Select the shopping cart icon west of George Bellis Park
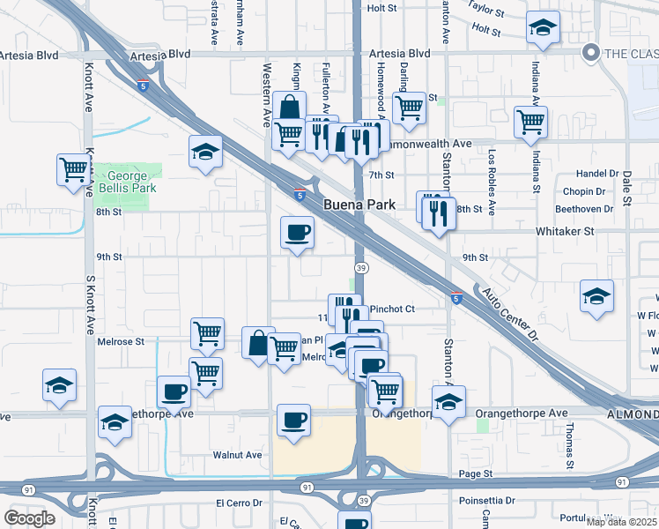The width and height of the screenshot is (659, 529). [74, 168]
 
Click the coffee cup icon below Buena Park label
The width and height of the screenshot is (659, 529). [297, 233]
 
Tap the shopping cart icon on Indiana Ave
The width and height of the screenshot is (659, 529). [530, 122]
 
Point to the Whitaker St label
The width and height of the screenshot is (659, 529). [566, 231]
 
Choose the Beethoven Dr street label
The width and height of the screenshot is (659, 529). [584, 209]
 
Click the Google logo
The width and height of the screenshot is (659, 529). [29, 518]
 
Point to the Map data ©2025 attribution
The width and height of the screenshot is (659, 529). [621, 522]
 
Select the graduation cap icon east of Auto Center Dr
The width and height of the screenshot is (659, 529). [596, 296]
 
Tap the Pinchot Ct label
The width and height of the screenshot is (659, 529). [392, 309]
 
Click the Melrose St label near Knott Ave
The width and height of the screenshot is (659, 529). [120, 341]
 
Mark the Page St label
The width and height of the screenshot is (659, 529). [475, 474]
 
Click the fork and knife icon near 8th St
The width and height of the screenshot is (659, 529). [437, 212]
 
